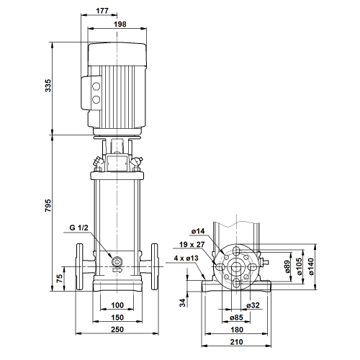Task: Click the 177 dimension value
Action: click(102, 11)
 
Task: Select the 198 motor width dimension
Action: click(120, 24)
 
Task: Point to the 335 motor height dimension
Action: click(48, 86)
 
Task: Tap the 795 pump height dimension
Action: click(48, 205)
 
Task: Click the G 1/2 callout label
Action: click(78, 228)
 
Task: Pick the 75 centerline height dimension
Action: click(59, 278)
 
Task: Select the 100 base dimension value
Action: click(117, 305)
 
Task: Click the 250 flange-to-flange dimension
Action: click(117, 330)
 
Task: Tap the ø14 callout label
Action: click(198, 231)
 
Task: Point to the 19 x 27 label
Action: click(192, 245)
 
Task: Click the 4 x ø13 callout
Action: click(186, 258)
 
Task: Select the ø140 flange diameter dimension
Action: click(311, 267)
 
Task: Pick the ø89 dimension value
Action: click(287, 267)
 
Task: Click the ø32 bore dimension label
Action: click(253, 305)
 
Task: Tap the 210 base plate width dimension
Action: click(237, 342)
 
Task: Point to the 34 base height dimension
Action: click(183, 303)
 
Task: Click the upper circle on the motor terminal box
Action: click(96, 86)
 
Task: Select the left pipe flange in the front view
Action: click(79, 266)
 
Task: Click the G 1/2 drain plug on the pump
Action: click(117, 261)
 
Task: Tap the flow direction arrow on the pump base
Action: click(117, 270)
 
